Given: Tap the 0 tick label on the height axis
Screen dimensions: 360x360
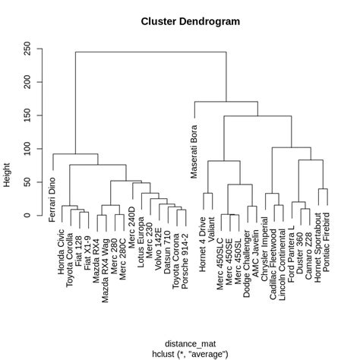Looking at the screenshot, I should coord(28,216).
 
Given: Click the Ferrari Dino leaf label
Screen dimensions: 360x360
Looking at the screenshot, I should coord(53,195).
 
